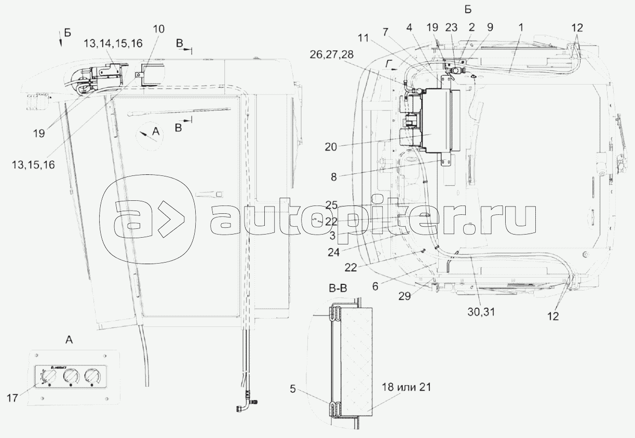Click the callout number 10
coord(159,28)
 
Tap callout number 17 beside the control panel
coord(13,398)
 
